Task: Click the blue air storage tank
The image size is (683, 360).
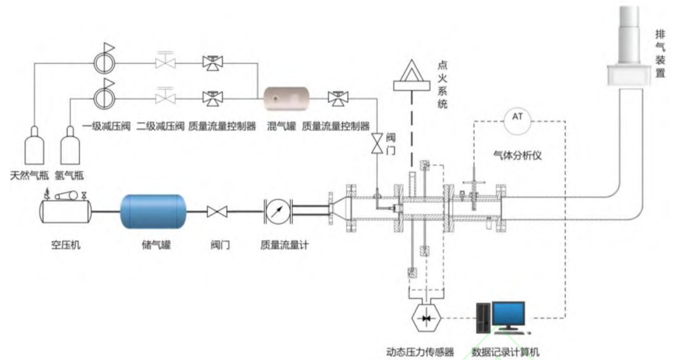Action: coord(153,212)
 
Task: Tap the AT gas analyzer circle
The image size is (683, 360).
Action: coord(517,121)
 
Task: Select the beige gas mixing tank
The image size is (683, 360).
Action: coord(287,99)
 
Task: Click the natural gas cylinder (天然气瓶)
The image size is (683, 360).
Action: coord(34,145)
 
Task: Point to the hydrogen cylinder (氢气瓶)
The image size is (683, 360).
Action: coord(70,145)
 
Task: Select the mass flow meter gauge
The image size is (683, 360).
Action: coord(278,212)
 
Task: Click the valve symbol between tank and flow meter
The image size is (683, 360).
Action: coord(217,212)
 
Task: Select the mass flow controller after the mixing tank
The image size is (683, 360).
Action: coord(338,99)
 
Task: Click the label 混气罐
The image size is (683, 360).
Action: coord(281,127)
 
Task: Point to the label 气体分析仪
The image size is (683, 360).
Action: coord(517,155)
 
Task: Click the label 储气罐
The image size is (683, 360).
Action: coord(156,244)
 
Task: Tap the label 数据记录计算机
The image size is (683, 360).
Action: coord(505,352)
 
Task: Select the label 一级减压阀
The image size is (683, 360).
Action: coord(107,127)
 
